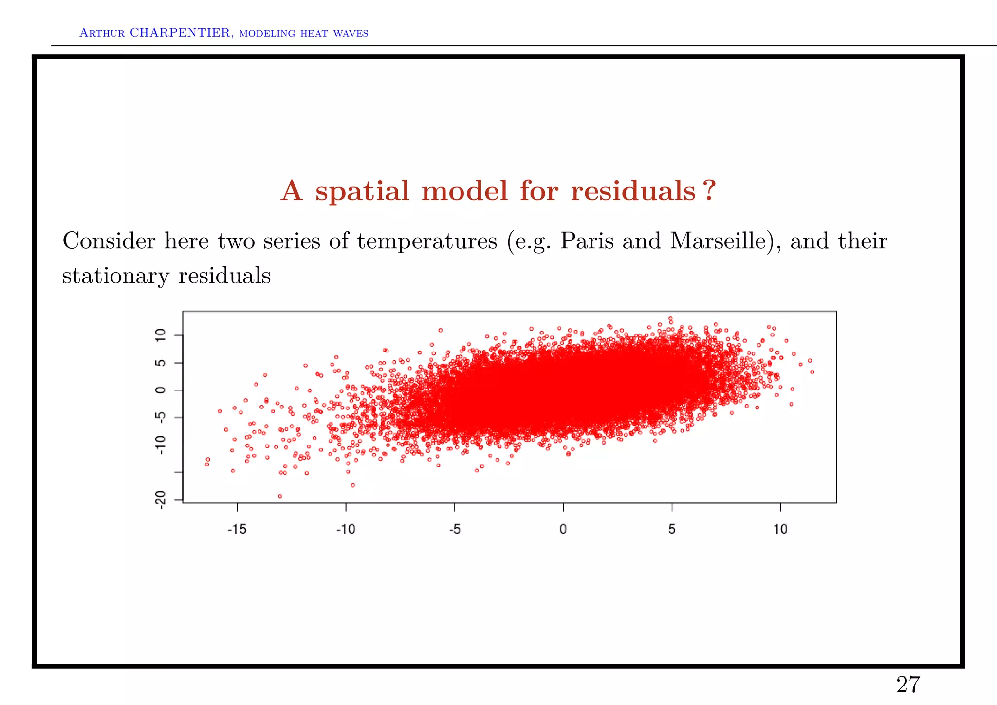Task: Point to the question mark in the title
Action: (710, 190)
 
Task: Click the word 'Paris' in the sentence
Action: (587, 241)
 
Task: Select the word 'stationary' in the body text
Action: (115, 276)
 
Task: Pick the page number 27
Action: (908, 685)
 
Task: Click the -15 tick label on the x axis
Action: (237, 529)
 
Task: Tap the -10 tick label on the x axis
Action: (346, 529)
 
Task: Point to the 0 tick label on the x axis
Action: (563, 529)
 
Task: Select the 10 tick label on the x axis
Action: (780, 529)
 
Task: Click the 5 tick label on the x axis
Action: (672, 529)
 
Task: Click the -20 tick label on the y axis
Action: (161, 499)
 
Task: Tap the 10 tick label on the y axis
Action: (161, 335)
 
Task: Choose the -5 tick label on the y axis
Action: (161, 417)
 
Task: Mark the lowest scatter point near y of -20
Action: (280, 496)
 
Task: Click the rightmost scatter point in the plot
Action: (812, 372)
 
